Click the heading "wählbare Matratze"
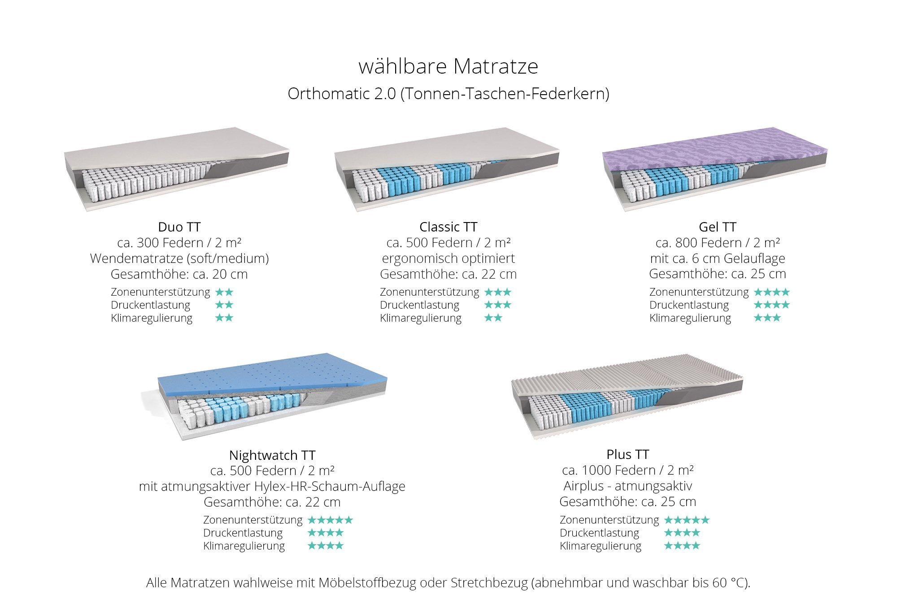[x=448, y=66]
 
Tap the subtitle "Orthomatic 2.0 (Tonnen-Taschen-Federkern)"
[x=448, y=94]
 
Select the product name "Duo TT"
[x=179, y=227]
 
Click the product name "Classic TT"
[x=448, y=227]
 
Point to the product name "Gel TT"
[x=718, y=227]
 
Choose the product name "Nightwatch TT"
[x=272, y=455]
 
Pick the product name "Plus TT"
[x=628, y=454]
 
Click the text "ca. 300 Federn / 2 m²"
[x=179, y=243]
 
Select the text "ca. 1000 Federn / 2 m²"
[x=628, y=470]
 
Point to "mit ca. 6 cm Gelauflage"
[x=718, y=258]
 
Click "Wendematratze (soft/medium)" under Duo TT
[x=179, y=258]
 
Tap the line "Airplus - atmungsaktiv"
[x=628, y=486]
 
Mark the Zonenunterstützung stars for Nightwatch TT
[x=330, y=520]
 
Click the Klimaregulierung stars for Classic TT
[x=493, y=318]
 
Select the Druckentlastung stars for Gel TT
[x=771, y=305]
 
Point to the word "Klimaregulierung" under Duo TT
[x=152, y=318]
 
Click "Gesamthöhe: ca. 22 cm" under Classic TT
[x=448, y=274]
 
